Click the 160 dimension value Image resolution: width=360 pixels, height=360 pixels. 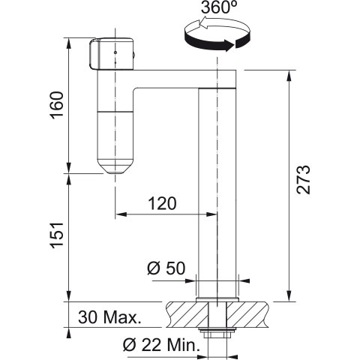point(57,105)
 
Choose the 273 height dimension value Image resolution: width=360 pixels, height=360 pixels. point(304,179)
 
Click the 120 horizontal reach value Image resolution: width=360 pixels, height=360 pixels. point(162,203)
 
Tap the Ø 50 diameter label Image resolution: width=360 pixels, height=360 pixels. point(166,268)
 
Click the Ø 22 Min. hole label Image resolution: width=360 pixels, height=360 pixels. point(161,345)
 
